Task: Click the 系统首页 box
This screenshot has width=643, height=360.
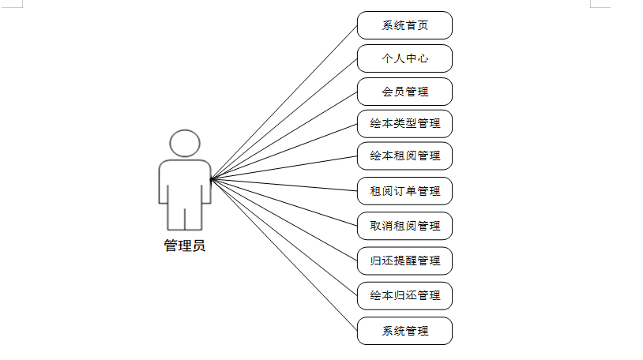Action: pyautogui.click(x=404, y=25)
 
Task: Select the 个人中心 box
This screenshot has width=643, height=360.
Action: pyautogui.click(x=404, y=58)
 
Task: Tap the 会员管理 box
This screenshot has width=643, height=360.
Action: pyautogui.click(x=404, y=92)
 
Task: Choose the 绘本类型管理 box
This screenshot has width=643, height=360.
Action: pyautogui.click(x=404, y=123)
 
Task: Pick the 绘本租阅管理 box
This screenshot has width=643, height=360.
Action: pyautogui.click(x=404, y=156)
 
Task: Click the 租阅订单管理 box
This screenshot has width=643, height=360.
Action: pyautogui.click(x=404, y=191)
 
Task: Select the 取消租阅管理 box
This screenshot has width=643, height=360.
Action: pyautogui.click(x=404, y=226)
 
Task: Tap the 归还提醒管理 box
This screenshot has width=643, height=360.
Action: pyautogui.click(x=404, y=261)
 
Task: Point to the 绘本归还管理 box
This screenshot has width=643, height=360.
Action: pyautogui.click(x=404, y=295)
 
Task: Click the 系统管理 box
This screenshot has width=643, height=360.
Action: pyautogui.click(x=404, y=331)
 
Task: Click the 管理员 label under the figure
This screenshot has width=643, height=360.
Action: pyautogui.click(x=185, y=246)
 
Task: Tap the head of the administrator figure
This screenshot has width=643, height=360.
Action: pyautogui.click(x=185, y=143)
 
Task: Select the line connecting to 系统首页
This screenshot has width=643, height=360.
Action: pyautogui.click(x=284, y=101)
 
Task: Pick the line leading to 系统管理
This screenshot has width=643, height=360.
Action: pyautogui.click(x=284, y=254)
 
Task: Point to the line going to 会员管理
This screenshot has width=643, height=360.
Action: pyautogui.click(x=284, y=134)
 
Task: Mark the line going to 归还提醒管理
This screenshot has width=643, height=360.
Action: pyautogui.click(x=284, y=219)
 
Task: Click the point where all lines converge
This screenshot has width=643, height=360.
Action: pyautogui.click(x=212, y=178)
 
